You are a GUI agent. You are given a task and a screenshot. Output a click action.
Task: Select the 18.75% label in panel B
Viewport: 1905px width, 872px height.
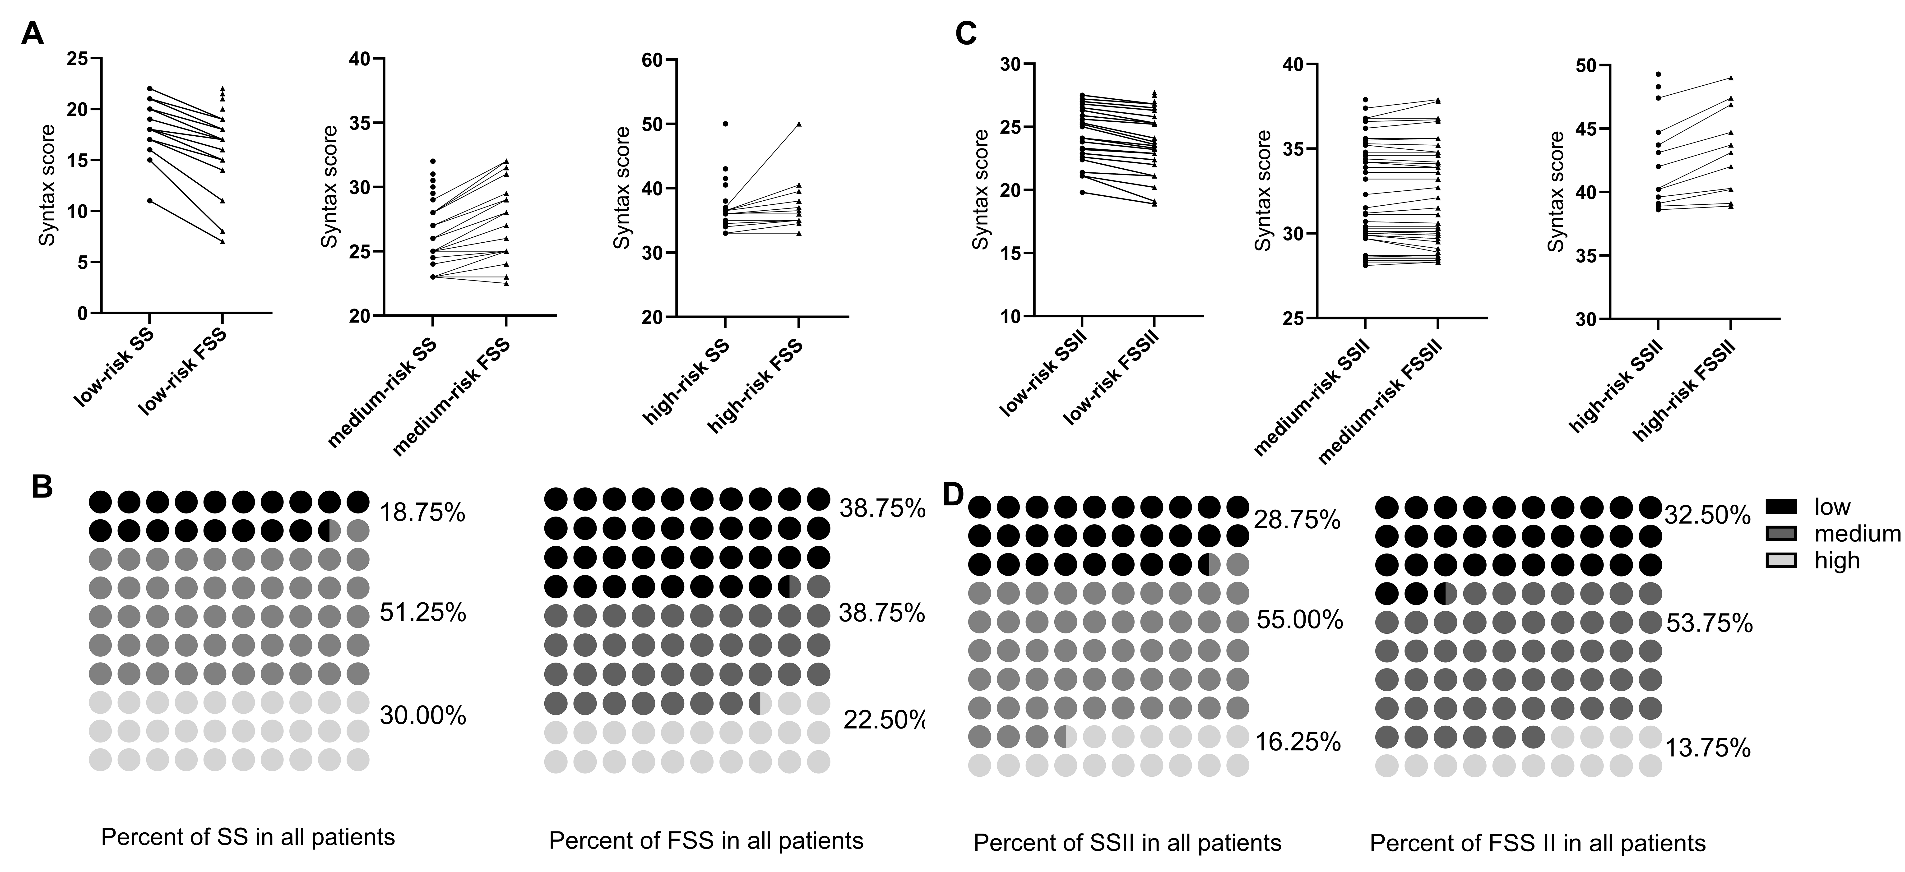click(x=422, y=512)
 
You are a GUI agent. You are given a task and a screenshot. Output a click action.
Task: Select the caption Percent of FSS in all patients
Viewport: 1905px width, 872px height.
click(x=706, y=841)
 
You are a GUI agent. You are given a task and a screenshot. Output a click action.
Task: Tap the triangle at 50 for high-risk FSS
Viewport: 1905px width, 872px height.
click(x=799, y=124)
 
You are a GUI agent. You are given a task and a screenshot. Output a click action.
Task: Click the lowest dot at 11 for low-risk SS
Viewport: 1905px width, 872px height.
click(x=150, y=200)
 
